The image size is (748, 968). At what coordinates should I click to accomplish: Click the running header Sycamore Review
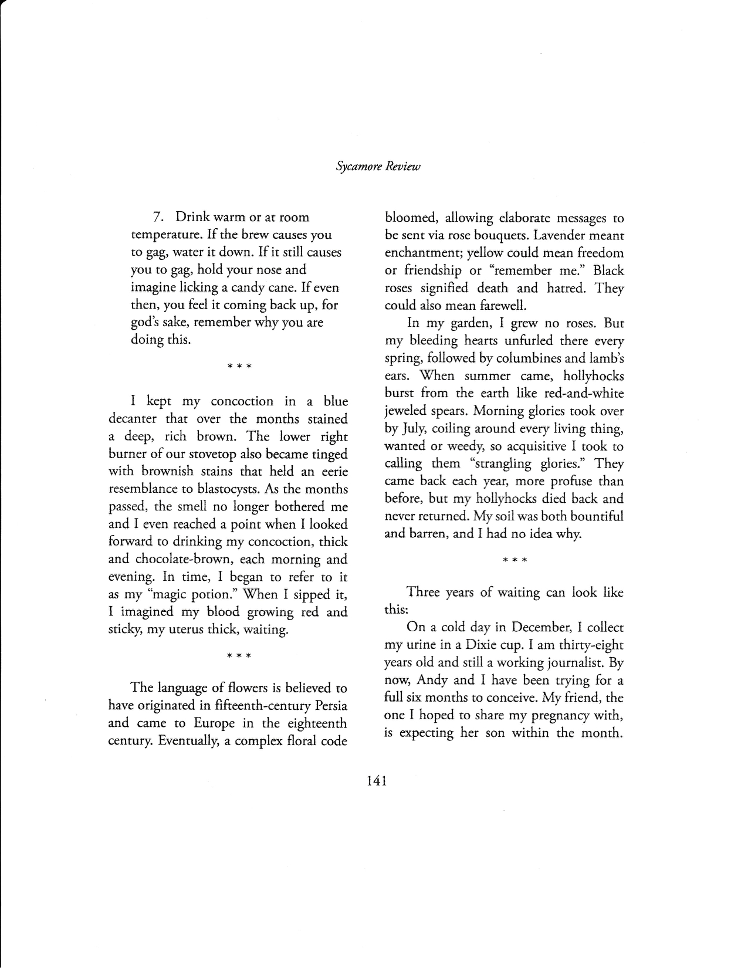click(x=378, y=167)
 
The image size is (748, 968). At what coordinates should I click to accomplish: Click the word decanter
click(x=134, y=419)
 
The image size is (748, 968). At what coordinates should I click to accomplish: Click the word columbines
click(x=532, y=358)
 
